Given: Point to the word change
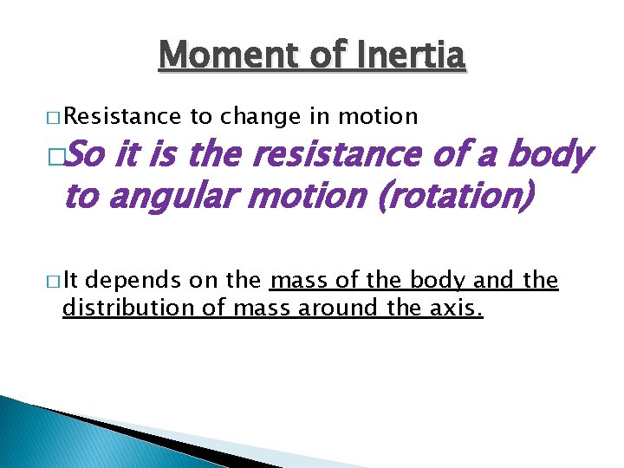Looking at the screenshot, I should click(257, 116).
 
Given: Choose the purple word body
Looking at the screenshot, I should click(550, 156).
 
